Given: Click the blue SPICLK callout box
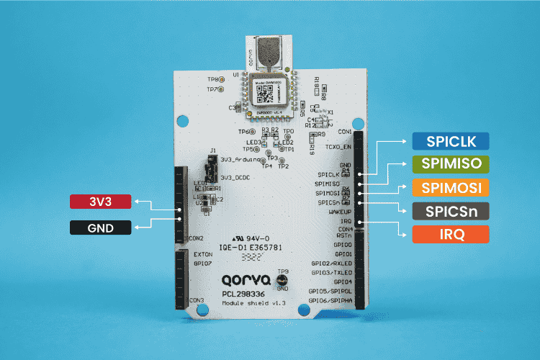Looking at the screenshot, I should click(x=450, y=142).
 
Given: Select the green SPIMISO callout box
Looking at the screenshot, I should click(x=450, y=164).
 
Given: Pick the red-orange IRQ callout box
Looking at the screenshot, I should click(x=450, y=234).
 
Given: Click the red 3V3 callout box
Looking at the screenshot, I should click(x=102, y=202).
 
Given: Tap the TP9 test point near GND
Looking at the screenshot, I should click(x=282, y=281).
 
